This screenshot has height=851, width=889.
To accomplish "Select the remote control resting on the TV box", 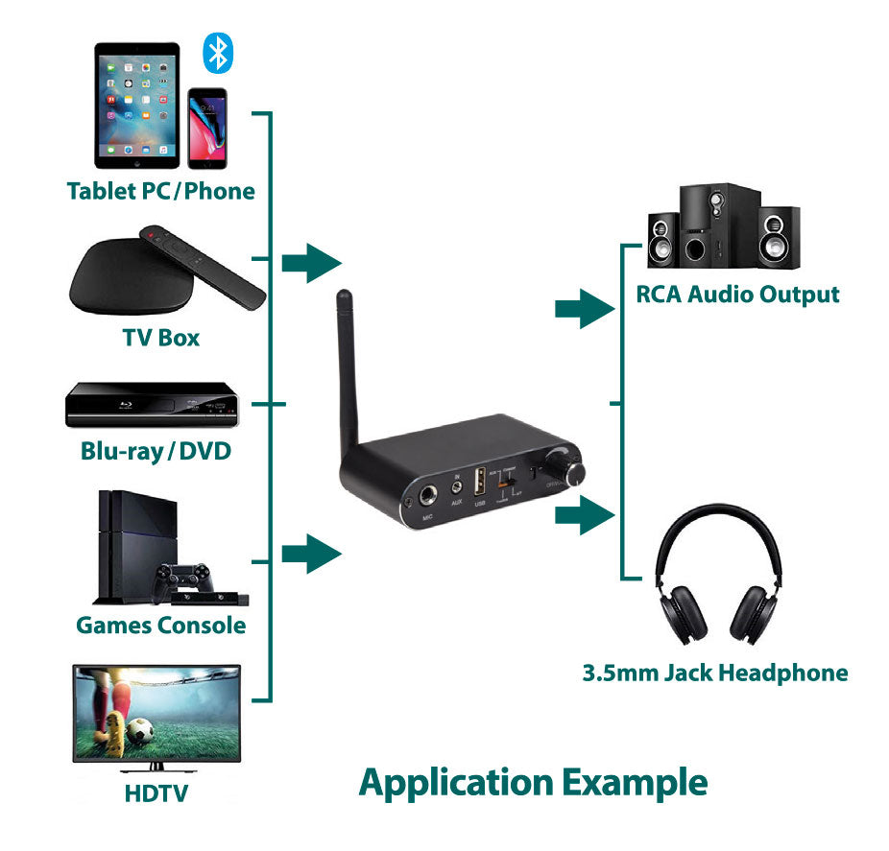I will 202,267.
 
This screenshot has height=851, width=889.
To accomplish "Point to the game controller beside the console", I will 184,578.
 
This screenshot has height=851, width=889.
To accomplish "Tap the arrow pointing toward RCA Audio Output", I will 584,309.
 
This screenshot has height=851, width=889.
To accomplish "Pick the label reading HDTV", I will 156,793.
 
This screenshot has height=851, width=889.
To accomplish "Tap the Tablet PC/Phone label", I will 160,191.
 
